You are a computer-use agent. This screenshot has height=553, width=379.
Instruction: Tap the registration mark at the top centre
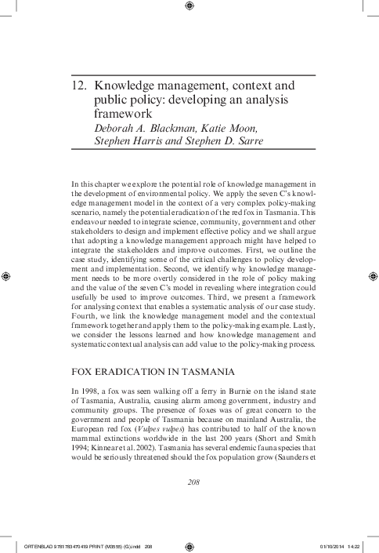pyautogui.click(x=189, y=7)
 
